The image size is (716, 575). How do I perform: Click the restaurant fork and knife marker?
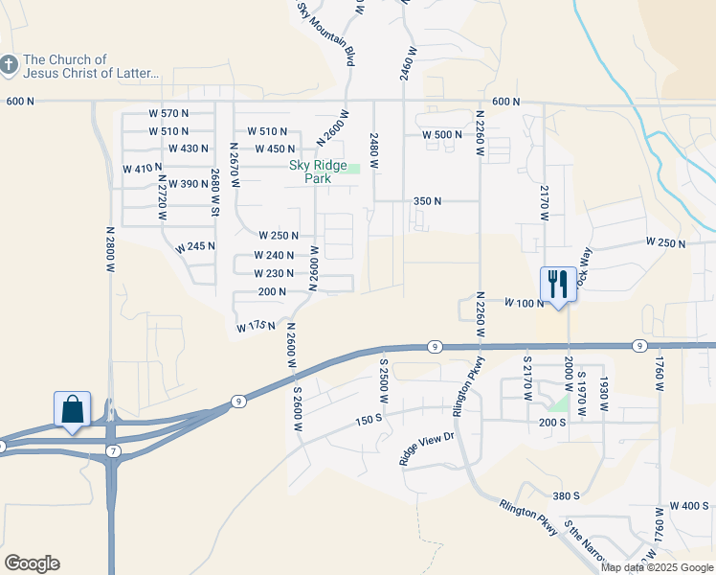pyautogui.click(x=558, y=284)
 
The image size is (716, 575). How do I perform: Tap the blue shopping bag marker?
pyautogui.click(x=73, y=409)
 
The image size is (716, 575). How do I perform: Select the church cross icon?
pyautogui.click(x=9, y=65)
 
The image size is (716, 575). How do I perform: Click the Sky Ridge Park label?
pyautogui.click(x=318, y=171)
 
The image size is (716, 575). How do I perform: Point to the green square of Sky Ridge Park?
pyautogui.click(x=353, y=169)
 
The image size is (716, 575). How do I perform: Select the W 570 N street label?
pyautogui.click(x=169, y=113)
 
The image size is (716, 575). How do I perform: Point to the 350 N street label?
pyautogui.click(x=427, y=201)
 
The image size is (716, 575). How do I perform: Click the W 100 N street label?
pyautogui.click(x=525, y=303)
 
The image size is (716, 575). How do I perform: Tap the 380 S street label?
pyautogui.click(x=566, y=495)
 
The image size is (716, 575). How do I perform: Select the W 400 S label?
pyautogui.click(x=690, y=505)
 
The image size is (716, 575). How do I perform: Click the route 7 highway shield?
pyautogui.click(x=113, y=450)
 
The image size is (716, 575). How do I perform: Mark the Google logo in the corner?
pyautogui.click(x=32, y=563)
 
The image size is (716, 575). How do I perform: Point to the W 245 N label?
pyautogui.click(x=195, y=246)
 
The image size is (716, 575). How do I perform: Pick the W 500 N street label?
pyautogui.click(x=443, y=135)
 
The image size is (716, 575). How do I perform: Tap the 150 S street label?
pyautogui.click(x=369, y=420)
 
